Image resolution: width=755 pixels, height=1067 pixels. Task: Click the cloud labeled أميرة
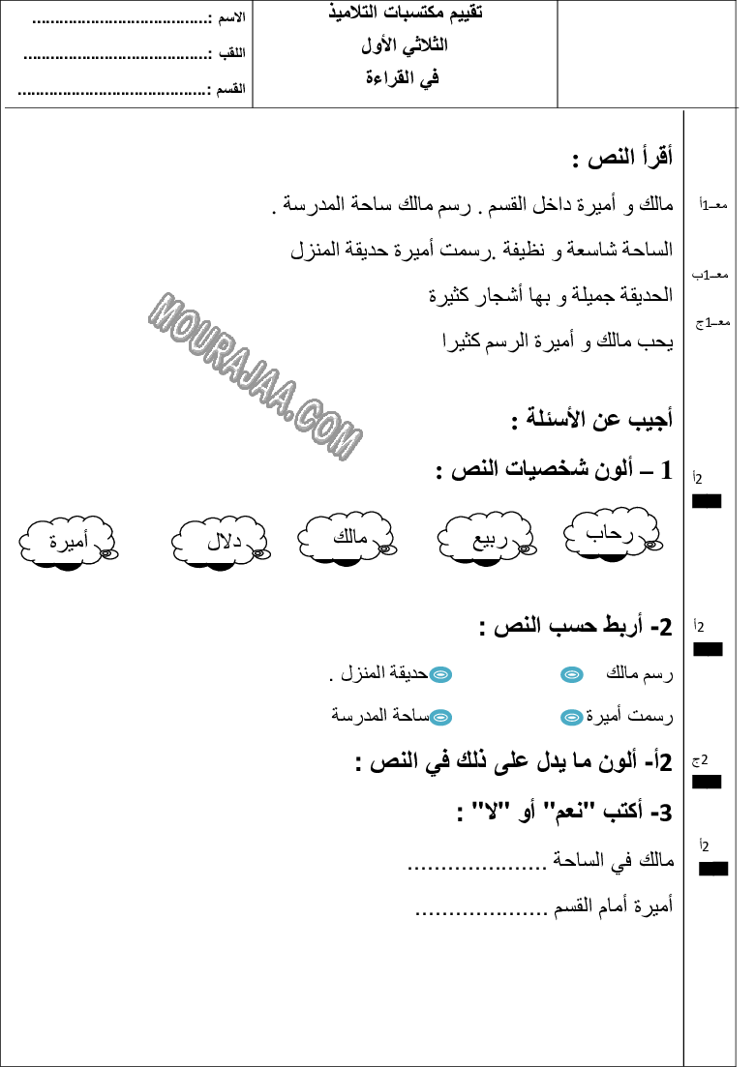click(66, 541)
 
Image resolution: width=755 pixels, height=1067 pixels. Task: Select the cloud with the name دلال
click(220, 541)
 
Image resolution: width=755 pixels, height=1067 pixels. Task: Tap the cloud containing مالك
click(347, 536)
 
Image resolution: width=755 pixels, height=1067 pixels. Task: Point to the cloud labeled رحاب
click(611, 532)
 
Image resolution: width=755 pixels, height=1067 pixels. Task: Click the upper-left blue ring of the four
click(440, 674)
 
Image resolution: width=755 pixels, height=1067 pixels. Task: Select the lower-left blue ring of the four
click(440, 717)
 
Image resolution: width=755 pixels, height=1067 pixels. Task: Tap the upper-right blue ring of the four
click(572, 674)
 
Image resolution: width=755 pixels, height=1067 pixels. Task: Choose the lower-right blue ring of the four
click(572, 717)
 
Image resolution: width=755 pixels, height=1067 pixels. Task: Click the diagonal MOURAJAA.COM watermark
click(256, 375)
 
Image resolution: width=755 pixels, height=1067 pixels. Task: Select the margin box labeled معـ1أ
click(713, 207)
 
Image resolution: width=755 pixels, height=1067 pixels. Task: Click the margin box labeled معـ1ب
click(713, 277)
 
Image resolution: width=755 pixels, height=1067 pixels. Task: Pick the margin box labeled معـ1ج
click(717, 323)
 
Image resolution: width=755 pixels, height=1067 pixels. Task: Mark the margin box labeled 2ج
click(714, 761)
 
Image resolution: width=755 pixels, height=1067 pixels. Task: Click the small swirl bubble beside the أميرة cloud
click(107, 553)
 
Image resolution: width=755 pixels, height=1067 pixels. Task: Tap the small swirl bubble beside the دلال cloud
click(259, 553)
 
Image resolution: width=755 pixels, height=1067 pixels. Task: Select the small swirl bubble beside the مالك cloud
click(385, 548)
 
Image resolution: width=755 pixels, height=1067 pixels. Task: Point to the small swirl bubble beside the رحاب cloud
click(652, 545)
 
